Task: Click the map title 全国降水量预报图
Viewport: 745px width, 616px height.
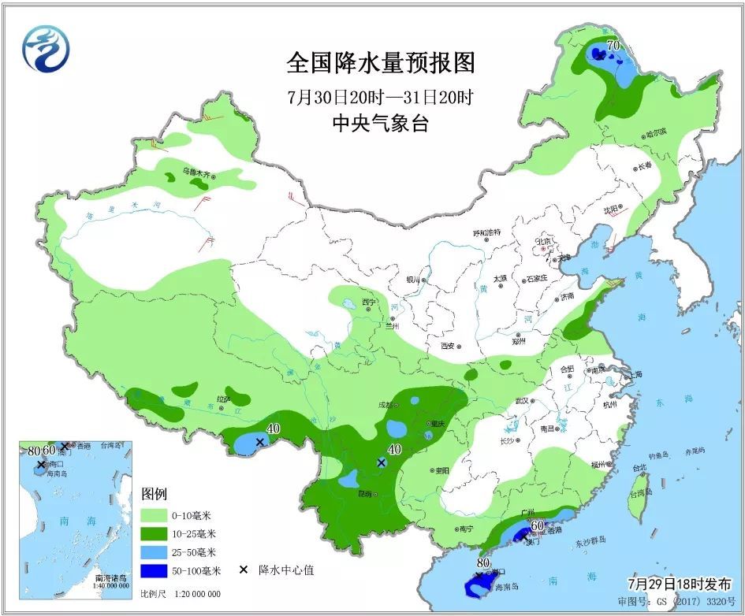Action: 381,62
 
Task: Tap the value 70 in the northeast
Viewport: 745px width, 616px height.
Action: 613,46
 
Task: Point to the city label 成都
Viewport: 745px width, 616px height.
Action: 384,405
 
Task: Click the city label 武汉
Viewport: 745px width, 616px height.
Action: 521,401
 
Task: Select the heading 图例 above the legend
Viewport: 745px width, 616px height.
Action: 154,495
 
